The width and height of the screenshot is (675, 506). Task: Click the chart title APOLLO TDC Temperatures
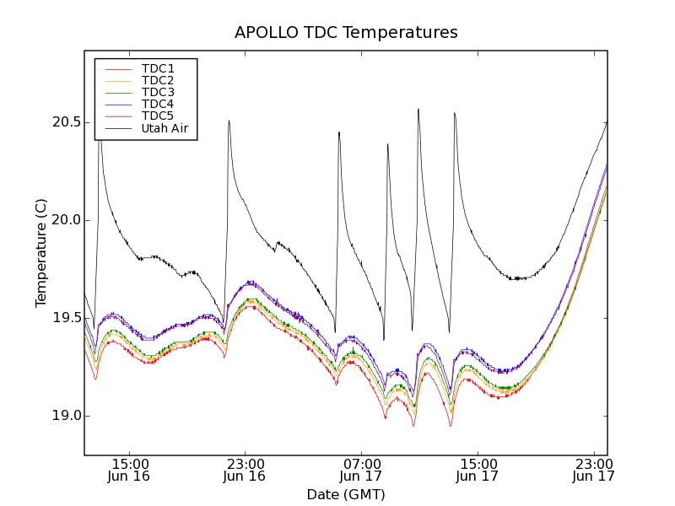pos(346,33)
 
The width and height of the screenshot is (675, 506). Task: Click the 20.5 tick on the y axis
pos(66,122)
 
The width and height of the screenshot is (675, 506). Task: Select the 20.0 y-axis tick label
pos(66,220)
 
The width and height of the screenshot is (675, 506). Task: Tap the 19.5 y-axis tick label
pos(66,318)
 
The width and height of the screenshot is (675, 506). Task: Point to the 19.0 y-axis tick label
pos(66,416)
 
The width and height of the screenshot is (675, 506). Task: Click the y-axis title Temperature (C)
pos(41,253)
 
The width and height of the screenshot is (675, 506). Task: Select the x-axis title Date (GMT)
pos(346,494)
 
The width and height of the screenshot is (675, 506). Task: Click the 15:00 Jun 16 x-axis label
pos(129,470)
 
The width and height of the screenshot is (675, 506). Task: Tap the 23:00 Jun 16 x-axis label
pos(245,470)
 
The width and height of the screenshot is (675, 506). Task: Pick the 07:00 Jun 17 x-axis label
pos(361,470)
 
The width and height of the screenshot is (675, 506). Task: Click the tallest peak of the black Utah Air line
pos(418,109)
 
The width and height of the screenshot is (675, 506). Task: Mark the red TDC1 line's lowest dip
pos(451,426)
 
